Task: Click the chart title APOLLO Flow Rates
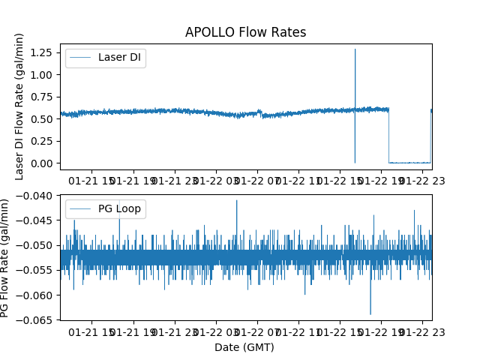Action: coord(246,32)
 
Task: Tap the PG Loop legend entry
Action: coord(119,208)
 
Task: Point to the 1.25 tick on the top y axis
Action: coord(42,52)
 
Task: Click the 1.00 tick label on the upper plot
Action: coord(42,74)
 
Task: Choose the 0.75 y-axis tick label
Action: coord(42,97)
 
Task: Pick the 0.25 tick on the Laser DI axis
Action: coord(42,141)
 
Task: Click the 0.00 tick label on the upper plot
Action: coord(42,163)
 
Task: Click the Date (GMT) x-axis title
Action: coord(244,347)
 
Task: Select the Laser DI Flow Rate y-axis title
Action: coord(20,106)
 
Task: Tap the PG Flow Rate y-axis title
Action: coord(5,257)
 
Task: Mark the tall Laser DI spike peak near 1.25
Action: coord(355,49)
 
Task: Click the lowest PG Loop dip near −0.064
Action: coord(370,313)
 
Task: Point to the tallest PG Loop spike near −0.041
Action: coord(237,200)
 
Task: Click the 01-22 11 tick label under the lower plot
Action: coord(298,331)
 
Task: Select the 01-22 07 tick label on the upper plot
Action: coord(257,181)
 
